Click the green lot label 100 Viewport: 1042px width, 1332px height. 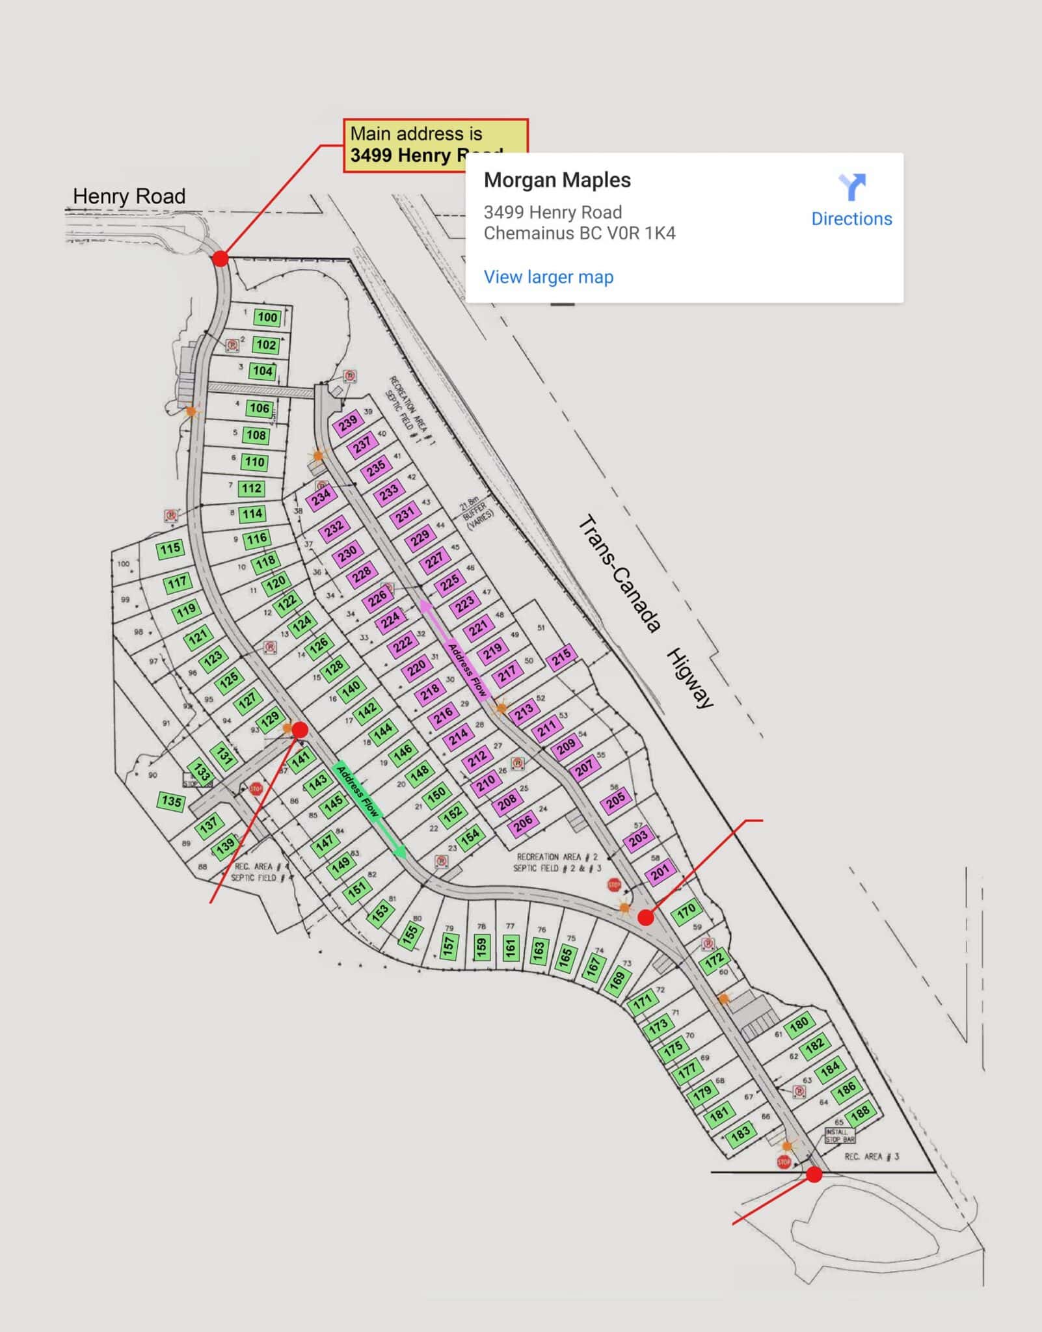click(267, 317)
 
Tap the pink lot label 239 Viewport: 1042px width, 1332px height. click(348, 423)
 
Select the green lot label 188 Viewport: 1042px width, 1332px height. click(860, 1113)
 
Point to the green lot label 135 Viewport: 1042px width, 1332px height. click(172, 801)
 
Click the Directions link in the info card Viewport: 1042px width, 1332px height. click(851, 219)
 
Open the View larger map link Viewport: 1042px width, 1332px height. click(548, 277)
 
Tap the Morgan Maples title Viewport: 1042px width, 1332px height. click(557, 180)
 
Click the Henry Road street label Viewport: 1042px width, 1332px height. click(129, 196)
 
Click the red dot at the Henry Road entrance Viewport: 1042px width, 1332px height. click(220, 258)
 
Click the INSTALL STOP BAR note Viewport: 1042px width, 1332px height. click(840, 1136)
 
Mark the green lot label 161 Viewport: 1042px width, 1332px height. click(511, 947)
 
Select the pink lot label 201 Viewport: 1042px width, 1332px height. click(660, 872)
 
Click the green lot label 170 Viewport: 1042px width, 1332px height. click(687, 911)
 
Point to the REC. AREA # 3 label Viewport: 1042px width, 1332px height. click(872, 1156)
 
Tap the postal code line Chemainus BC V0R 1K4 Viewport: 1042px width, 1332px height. click(579, 233)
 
